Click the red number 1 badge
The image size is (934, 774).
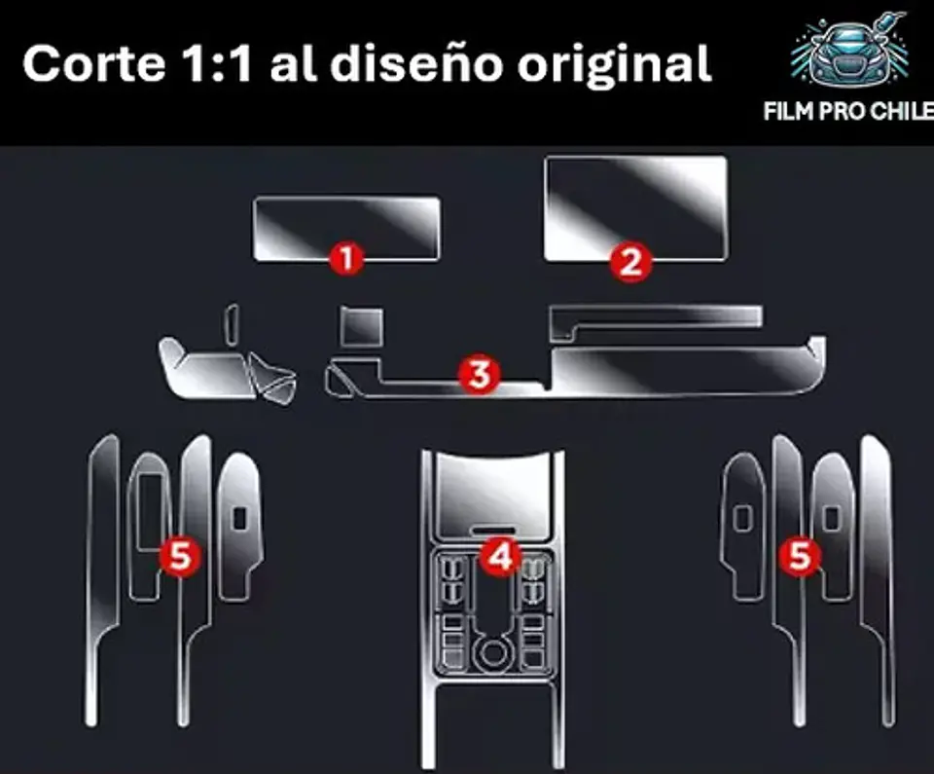[346, 258]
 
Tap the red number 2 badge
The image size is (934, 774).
[630, 261]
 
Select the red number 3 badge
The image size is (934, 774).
[480, 374]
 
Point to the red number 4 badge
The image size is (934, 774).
[500, 556]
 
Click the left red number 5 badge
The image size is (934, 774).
[180, 556]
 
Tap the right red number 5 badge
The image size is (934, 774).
[800, 556]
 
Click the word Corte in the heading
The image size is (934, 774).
[93, 63]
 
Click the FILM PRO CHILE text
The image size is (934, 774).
[848, 111]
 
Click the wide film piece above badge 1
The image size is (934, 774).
[346, 228]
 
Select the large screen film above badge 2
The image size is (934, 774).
[635, 208]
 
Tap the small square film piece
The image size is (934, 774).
[362, 326]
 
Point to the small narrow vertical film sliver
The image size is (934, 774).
[232, 324]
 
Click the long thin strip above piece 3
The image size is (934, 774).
[655, 321]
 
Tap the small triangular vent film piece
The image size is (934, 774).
[273, 378]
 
